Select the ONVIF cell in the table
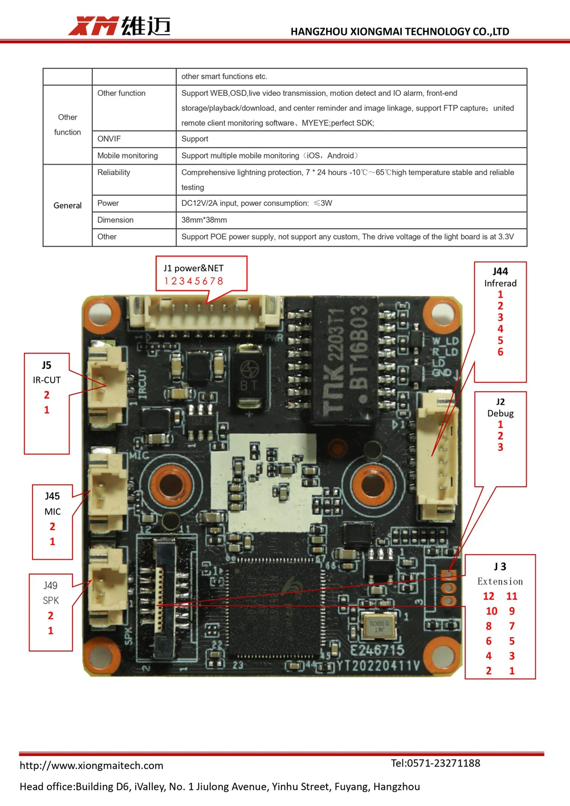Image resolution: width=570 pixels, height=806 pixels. [109, 139]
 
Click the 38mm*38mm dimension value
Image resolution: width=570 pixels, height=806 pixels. [204, 220]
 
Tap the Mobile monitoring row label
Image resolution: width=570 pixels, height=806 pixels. [128, 156]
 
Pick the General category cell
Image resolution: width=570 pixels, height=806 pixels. [67, 205]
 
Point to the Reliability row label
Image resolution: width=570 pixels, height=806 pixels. [114, 172]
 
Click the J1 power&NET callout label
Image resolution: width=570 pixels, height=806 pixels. [194, 268]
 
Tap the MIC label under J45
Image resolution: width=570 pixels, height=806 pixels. [52, 511]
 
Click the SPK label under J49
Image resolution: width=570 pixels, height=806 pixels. [51, 600]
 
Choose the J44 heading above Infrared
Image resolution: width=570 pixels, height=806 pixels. [500, 271]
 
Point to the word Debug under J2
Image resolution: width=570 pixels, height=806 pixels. [500, 413]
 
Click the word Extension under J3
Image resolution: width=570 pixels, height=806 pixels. [500, 581]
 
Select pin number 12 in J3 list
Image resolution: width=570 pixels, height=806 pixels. [488, 596]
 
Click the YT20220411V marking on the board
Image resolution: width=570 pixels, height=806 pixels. [378, 666]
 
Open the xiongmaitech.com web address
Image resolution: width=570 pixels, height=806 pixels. [91, 766]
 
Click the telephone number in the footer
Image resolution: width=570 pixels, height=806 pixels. [435, 763]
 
